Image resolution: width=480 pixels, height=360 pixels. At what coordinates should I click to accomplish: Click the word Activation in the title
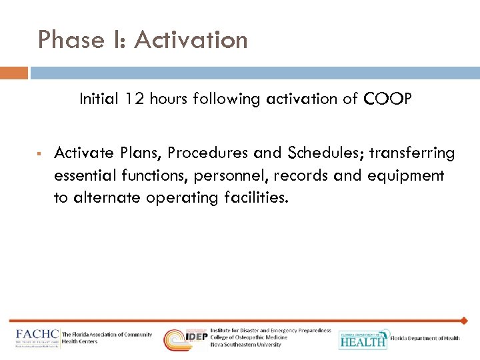pyautogui.click(x=191, y=40)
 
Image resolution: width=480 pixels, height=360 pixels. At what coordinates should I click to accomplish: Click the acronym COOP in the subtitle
pyautogui.click(x=388, y=99)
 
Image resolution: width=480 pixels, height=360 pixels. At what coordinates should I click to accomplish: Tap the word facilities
pyautogui.click(x=257, y=197)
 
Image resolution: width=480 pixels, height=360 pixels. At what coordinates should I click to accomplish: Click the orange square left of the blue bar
pyautogui.click(x=14, y=72)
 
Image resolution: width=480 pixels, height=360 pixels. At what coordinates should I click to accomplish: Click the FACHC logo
pyautogui.click(x=38, y=338)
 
